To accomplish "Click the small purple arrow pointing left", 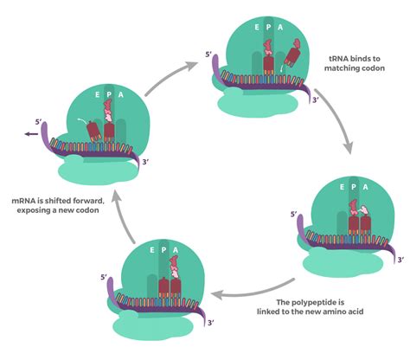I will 30,135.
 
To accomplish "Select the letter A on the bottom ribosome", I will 176,251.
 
